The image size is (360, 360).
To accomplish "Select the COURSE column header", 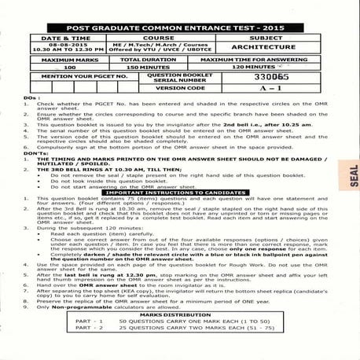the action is (159, 37).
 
